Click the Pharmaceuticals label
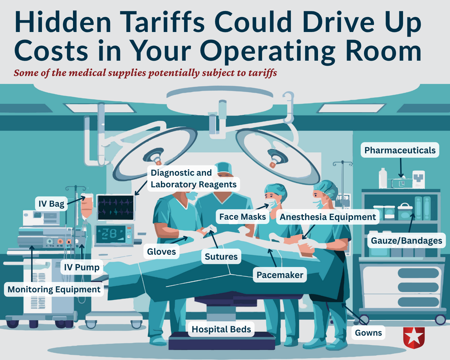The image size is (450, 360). [400, 150]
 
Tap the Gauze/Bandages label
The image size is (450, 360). [406, 241]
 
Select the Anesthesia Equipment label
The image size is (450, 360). [328, 217]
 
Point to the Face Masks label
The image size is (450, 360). [242, 217]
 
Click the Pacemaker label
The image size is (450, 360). [280, 275]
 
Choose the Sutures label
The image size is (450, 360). [221, 256]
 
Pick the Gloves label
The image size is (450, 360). [161, 252]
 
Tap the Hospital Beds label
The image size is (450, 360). [221, 329]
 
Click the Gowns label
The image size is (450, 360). [368, 333]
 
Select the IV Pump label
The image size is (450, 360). [82, 267]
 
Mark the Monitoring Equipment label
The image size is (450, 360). [54, 289]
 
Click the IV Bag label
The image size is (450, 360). [51, 204]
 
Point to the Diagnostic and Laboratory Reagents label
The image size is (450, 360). [193, 179]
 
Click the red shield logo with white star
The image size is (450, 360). [414, 337]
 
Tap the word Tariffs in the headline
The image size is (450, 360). [163, 22]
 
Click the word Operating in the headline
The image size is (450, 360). [268, 51]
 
